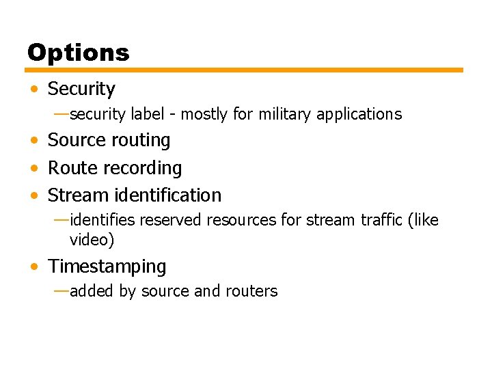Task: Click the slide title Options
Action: click(78, 53)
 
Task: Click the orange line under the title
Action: click(244, 70)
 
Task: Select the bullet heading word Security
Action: click(81, 89)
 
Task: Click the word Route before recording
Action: click(70, 168)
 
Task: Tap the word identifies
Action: click(102, 220)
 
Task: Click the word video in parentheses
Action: click(92, 240)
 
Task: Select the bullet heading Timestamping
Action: click(107, 266)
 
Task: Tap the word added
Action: click(92, 291)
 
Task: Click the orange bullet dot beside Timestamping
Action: click(34, 266)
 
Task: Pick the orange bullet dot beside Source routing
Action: click(34, 141)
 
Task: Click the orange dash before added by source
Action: click(61, 290)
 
